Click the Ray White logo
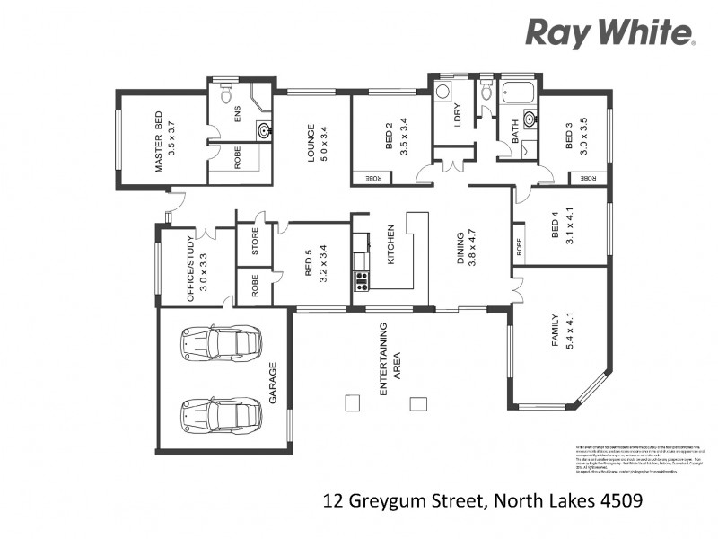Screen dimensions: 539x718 pos(609,33)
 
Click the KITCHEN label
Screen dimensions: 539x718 pos(390,245)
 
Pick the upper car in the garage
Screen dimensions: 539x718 pos(221,343)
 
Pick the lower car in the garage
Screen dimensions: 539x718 pos(221,414)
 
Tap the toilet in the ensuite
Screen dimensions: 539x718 pos(226,93)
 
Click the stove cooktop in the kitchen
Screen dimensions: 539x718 pos(362,282)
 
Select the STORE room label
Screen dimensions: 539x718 pos(254,243)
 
